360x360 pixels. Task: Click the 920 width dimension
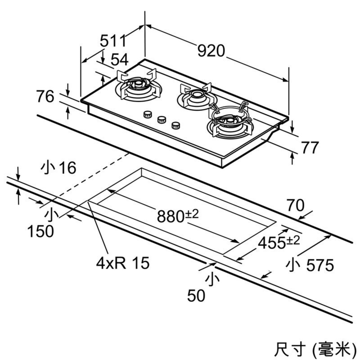pos(211,51)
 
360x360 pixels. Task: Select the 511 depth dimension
pos(113,41)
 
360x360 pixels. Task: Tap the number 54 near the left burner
pos(119,59)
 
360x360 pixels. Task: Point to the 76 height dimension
pos(45,97)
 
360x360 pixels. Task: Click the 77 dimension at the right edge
pos(309,148)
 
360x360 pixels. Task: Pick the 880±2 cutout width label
pos(178,216)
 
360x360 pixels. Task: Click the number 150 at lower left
pos(40,231)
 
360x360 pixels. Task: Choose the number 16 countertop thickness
pos(67,168)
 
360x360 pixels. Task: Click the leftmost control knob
pos(147,115)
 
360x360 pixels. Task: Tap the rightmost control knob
pos(175,125)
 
